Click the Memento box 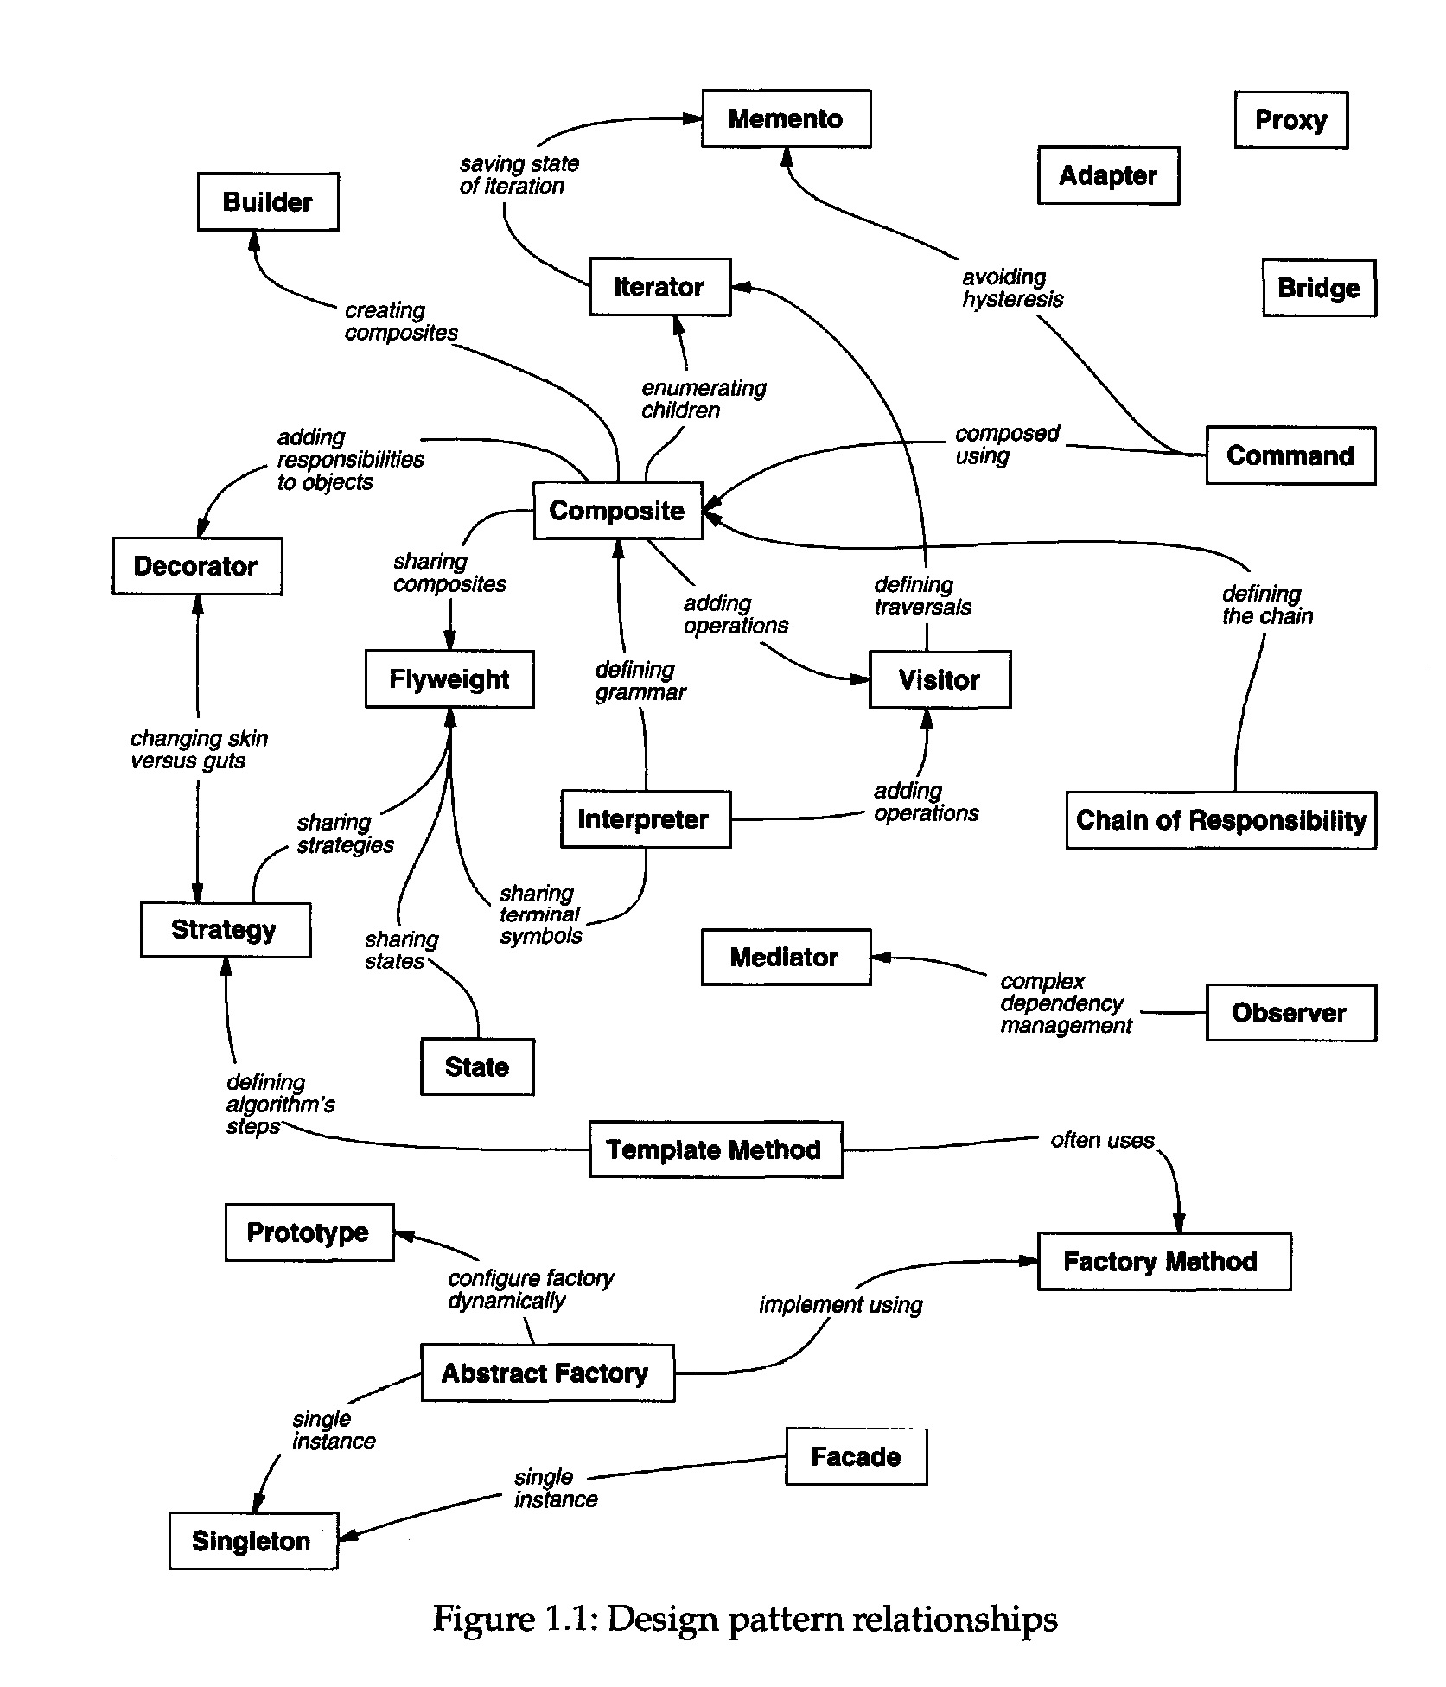(x=786, y=118)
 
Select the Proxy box (x=1290, y=120)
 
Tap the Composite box (x=617, y=511)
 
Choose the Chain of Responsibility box (x=1220, y=820)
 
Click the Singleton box (x=252, y=1541)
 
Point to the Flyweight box (x=449, y=679)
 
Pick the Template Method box (x=715, y=1149)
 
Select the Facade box (x=856, y=1457)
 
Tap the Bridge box (x=1318, y=288)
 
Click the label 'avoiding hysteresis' (x=1011, y=288)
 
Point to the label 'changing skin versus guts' (x=199, y=749)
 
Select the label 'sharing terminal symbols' (x=540, y=914)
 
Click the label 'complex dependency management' (x=1065, y=1003)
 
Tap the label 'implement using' (x=840, y=1305)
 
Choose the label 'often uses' (x=1101, y=1140)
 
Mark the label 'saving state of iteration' (x=518, y=175)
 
